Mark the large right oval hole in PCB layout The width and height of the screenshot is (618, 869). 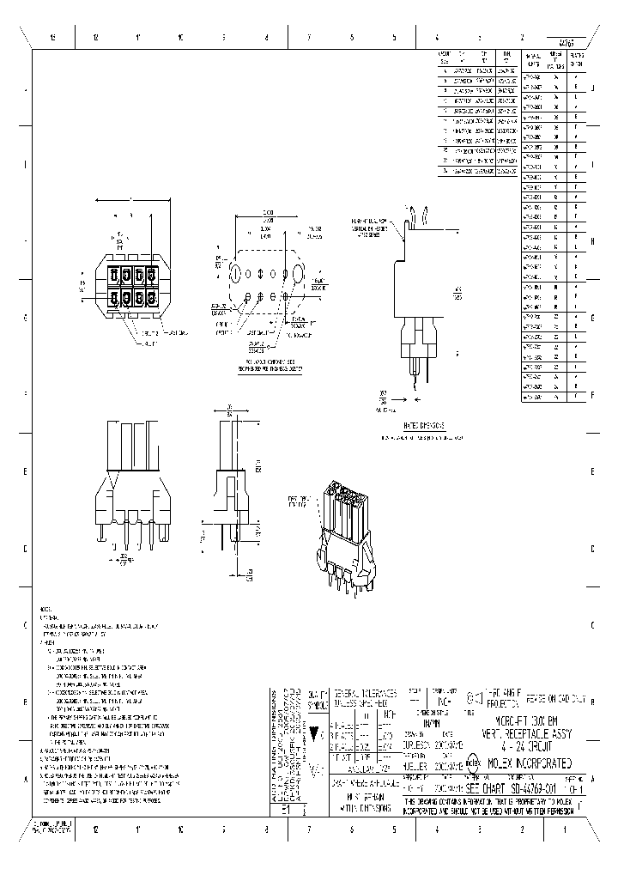[297, 272]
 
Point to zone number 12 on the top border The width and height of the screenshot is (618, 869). [95, 37]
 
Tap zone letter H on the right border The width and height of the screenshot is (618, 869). [593, 241]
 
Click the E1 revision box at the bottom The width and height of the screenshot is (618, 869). [286, 808]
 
